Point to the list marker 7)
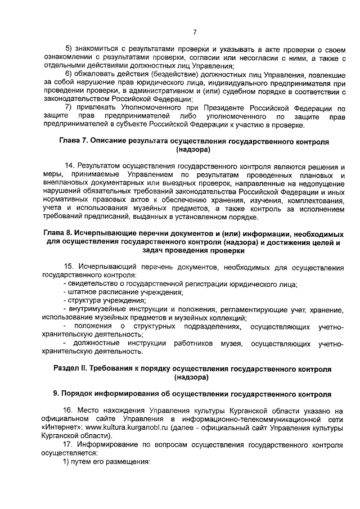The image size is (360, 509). click(x=70, y=107)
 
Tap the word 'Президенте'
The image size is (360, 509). click(x=229, y=107)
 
